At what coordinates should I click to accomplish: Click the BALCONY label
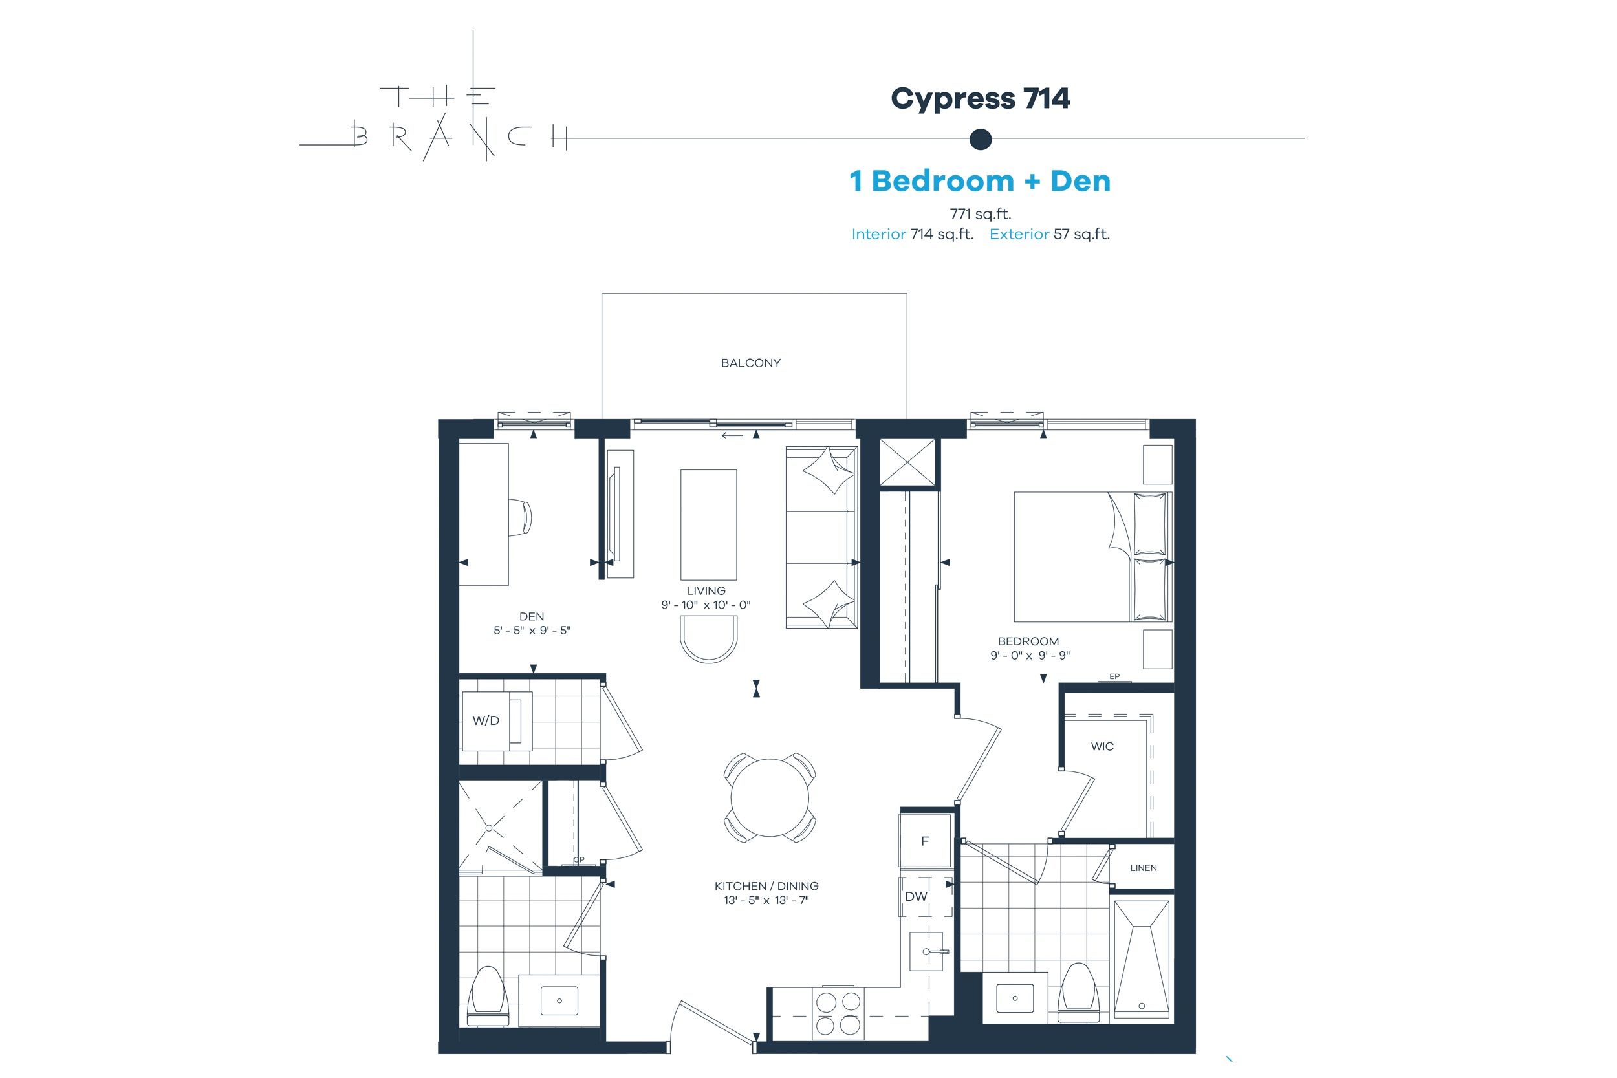[x=751, y=363]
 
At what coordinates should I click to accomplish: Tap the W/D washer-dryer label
[x=485, y=720]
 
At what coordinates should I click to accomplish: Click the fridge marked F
[x=926, y=841]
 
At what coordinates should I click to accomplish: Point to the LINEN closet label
[x=1144, y=868]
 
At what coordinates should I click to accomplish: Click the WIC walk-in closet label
[x=1102, y=747]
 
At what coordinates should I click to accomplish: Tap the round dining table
[x=770, y=797]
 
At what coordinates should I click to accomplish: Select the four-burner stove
[x=838, y=1013]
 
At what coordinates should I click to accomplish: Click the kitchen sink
[x=926, y=951]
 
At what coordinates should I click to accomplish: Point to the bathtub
[x=1141, y=959]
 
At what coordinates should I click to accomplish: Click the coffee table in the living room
[x=708, y=524]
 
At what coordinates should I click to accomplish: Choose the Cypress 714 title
[x=981, y=99]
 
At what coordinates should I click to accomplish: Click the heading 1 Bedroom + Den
[x=980, y=181]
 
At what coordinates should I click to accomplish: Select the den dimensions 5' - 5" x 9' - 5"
[x=532, y=631]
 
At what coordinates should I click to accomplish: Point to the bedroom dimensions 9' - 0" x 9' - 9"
[x=1030, y=655]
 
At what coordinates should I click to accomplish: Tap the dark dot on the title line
[x=981, y=139]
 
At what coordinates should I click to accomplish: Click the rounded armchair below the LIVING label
[x=709, y=639]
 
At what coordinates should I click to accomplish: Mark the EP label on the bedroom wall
[x=1114, y=676]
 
